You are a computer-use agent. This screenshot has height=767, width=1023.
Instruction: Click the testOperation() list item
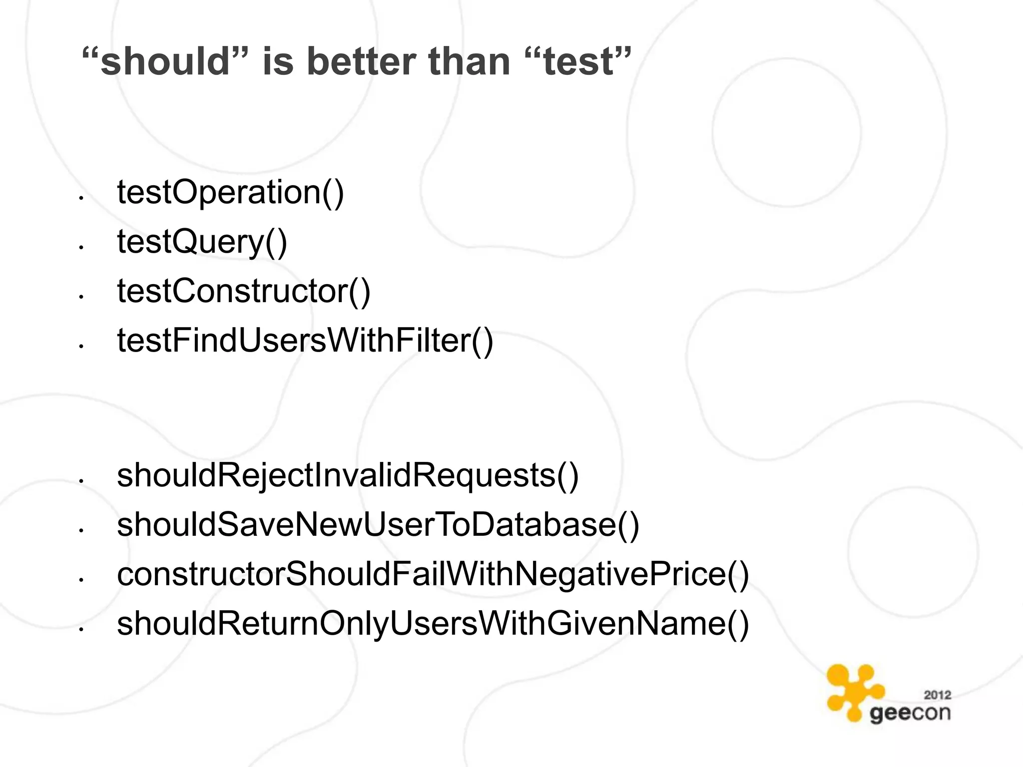click(230, 192)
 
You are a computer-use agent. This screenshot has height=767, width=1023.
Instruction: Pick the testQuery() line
click(202, 242)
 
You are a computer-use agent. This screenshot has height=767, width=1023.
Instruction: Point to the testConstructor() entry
click(244, 291)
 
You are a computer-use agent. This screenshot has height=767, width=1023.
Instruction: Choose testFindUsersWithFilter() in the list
click(305, 341)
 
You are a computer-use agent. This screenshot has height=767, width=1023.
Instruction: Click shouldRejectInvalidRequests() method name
click(348, 475)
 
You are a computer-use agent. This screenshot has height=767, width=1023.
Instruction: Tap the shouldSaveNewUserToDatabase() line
click(378, 525)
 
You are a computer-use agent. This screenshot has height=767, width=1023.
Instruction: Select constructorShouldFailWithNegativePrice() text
click(433, 574)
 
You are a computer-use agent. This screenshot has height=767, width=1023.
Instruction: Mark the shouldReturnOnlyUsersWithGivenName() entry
click(433, 624)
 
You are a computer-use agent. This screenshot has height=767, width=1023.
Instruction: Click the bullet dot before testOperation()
click(80, 199)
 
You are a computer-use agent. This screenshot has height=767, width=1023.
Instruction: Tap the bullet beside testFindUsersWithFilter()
click(80, 346)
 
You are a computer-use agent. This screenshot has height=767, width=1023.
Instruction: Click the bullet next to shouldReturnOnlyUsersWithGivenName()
click(80, 630)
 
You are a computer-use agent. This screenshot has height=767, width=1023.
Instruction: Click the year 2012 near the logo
click(937, 695)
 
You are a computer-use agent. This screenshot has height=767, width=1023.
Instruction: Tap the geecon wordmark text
click(910, 713)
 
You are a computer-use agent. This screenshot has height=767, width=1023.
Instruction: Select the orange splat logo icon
click(854, 691)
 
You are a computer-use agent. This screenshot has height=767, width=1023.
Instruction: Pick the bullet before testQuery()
click(80, 247)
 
